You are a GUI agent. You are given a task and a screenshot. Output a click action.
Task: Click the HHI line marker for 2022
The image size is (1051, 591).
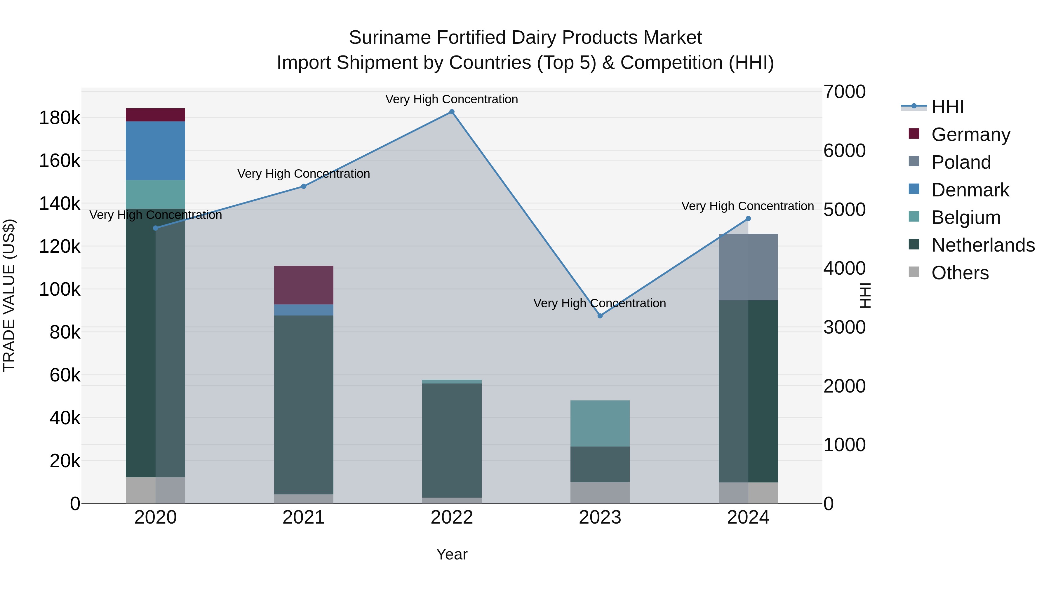pyautogui.click(x=452, y=112)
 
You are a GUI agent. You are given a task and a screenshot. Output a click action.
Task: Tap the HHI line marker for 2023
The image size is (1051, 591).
pyautogui.click(x=600, y=316)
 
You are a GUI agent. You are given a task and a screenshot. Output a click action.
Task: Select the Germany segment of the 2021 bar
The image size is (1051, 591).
pyautogui.click(x=304, y=285)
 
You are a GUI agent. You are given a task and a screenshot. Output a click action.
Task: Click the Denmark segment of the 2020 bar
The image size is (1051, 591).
pyautogui.click(x=155, y=151)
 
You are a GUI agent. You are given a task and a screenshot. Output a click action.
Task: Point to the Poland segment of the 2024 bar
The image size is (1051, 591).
pyautogui.click(x=748, y=267)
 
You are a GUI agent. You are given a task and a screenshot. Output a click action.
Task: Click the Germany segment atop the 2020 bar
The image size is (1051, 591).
pyautogui.click(x=155, y=115)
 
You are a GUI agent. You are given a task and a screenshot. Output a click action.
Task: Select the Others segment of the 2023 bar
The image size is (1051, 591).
pyautogui.click(x=600, y=492)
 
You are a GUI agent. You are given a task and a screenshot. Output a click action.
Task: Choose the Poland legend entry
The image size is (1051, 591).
pyautogui.click(x=961, y=162)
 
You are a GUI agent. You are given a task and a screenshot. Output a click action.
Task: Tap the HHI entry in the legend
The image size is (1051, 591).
pyautogui.click(x=947, y=107)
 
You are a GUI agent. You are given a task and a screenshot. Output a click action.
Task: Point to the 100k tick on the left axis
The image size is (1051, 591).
pyautogui.click(x=60, y=290)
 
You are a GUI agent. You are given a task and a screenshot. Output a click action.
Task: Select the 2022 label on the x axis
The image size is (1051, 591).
pyautogui.click(x=452, y=517)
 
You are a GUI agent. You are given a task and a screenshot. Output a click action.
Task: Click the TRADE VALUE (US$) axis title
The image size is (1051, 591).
pyautogui.click(x=9, y=295)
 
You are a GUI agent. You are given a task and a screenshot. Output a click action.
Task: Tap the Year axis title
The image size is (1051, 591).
pyautogui.click(x=452, y=554)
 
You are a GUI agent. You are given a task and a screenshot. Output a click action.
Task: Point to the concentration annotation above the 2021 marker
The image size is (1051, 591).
pyautogui.click(x=304, y=174)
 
